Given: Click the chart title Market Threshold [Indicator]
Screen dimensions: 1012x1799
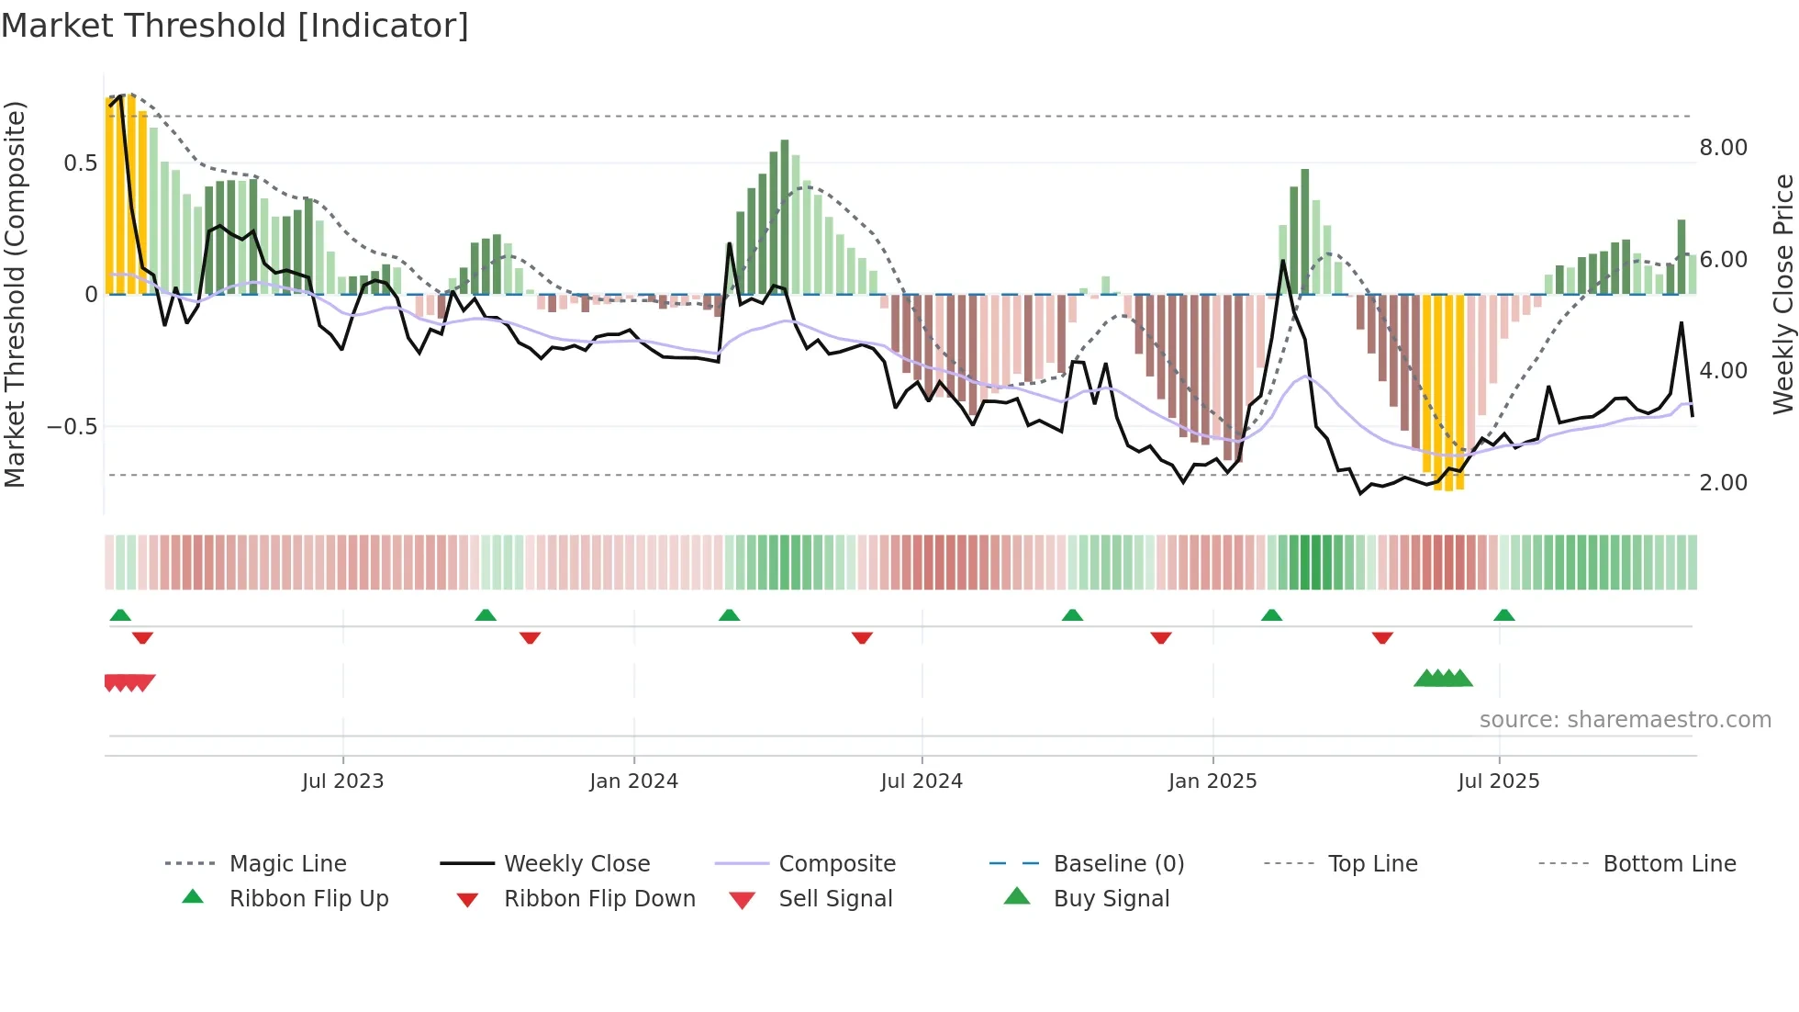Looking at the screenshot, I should [x=235, y=26].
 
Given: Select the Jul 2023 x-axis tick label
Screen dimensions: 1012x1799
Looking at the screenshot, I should [x=342, y=781].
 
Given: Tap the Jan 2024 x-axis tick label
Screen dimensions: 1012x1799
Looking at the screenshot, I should [x=633, y=781].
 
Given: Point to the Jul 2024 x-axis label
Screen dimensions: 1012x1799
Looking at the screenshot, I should [x=922, y=781].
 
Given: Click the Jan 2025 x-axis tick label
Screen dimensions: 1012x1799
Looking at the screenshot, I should [x=1212, y=781].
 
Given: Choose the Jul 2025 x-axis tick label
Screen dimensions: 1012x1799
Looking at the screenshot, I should [x=1499, y=781].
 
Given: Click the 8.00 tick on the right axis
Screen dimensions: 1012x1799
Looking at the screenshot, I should [x=1723, y=148].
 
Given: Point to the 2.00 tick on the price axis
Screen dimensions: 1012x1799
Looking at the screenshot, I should [x=1723, y=483].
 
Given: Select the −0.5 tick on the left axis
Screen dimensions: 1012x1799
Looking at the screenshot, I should [x=72, y=427].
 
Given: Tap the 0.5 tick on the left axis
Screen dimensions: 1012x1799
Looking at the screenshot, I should [x=80, y=163].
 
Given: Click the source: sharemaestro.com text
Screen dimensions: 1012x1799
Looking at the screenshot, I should [x=1625, y=720].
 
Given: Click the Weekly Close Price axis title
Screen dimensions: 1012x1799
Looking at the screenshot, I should [x=1782, y=294].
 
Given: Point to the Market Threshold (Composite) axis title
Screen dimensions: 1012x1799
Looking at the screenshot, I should [x=15, y=294].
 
